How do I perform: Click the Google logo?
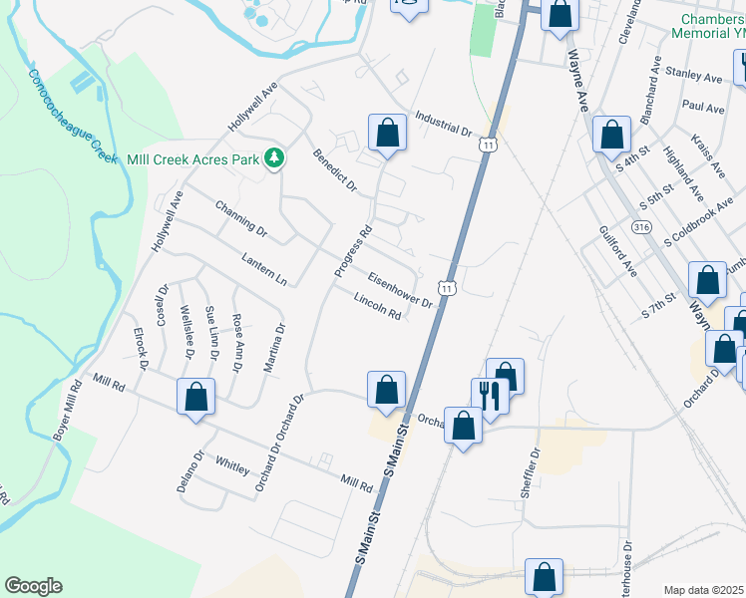tap(33, 586)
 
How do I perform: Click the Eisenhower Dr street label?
tap(399, 290)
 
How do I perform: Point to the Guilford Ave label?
tap(617, 250)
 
